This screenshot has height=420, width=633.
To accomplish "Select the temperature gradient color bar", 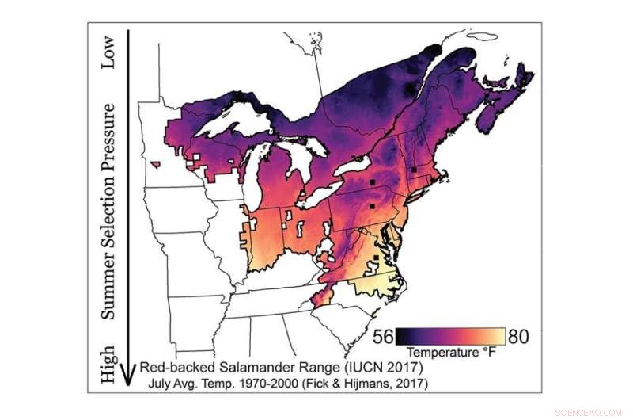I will [x=449, y=334].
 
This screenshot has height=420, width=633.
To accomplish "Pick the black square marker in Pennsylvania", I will [x=371, y=182].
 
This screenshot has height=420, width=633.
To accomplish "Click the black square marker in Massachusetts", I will [x=414, y=170].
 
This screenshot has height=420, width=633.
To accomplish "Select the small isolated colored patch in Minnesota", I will [x=159, y=165].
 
